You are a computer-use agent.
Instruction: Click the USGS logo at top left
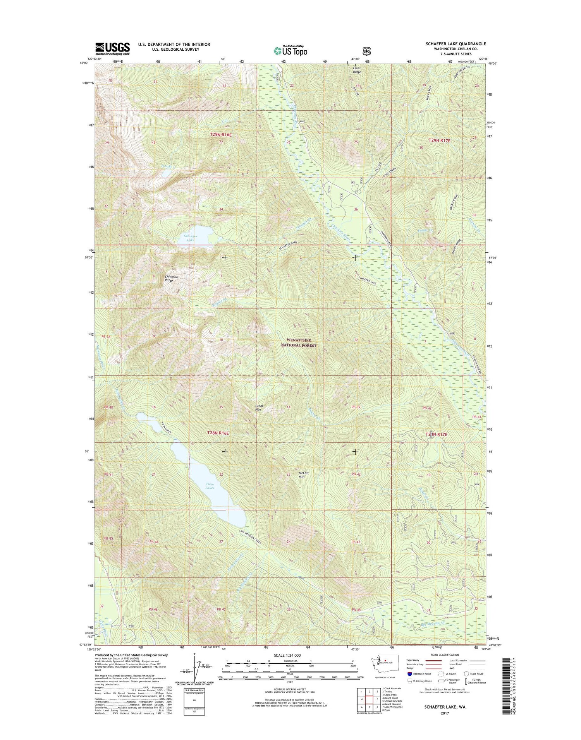112,48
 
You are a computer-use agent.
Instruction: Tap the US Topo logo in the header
290,50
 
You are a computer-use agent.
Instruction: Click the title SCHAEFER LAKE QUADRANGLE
456,44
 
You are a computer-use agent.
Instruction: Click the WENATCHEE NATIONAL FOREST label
301,343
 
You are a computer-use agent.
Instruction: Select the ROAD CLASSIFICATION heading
445,655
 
